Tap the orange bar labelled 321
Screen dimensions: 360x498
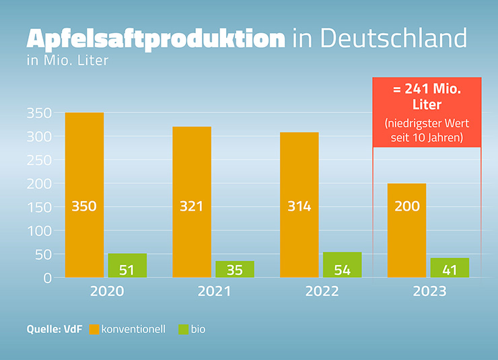[192, 202]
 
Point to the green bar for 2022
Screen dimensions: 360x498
[343, 264]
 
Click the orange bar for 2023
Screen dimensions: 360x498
[407, 229]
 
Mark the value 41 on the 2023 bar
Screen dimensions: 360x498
[450, 270]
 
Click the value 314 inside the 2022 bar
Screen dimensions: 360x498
[299, 206]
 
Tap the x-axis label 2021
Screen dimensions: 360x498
[213, 291]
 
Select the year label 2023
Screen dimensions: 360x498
[429, 291]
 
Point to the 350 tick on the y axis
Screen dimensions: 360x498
[38, 113]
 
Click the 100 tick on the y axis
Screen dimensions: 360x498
[38, 230]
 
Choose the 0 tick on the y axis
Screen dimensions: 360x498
[47, 277]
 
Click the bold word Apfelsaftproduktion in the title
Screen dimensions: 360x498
[155, 38]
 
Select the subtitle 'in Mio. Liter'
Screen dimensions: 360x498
[67, 61]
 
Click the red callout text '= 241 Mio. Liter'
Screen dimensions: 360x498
[427, 96]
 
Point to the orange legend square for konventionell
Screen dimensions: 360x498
[94, 330]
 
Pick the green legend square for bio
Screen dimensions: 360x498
[183, 330]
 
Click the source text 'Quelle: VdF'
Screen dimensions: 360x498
[55, 330]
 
